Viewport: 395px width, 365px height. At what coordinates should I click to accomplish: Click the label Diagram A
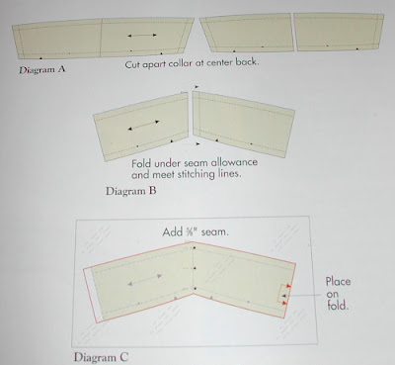(x=42, y=69)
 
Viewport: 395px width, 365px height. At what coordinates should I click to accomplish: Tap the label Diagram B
(x=130, y=191)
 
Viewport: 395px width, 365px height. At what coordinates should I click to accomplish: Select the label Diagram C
(x=101, y=357)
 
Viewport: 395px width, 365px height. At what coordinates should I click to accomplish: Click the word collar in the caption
(x=181, y=63)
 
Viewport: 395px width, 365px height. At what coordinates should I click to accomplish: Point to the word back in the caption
(x=246, y=61)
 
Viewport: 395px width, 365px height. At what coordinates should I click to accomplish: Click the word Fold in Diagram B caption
(x=141, y=163)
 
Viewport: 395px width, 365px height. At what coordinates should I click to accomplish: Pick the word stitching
(x=197, y=174)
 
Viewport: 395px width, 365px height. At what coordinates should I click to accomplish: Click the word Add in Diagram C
(x=172, y=232)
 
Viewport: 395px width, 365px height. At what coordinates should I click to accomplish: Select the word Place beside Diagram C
(x=338, y=282)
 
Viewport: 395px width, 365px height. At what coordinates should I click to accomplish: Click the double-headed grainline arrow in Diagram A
(x=142, y=36)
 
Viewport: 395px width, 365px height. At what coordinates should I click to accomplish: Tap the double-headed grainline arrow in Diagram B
(x=143, y=126)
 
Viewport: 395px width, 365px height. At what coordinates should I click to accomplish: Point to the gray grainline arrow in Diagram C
(x=145, y=280)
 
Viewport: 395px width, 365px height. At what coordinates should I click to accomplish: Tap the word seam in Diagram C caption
(x=214, y=232)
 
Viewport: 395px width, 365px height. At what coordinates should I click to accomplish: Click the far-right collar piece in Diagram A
(x=340, y=32)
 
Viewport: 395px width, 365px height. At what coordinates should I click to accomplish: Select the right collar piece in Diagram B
(x=243, y=124)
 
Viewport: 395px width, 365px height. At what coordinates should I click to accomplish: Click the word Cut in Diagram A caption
(x=132, y=64)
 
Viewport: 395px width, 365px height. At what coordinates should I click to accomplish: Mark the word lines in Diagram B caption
(x=230, y=173)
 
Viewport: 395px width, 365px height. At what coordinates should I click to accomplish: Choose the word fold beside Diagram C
(x=338, y=305)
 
